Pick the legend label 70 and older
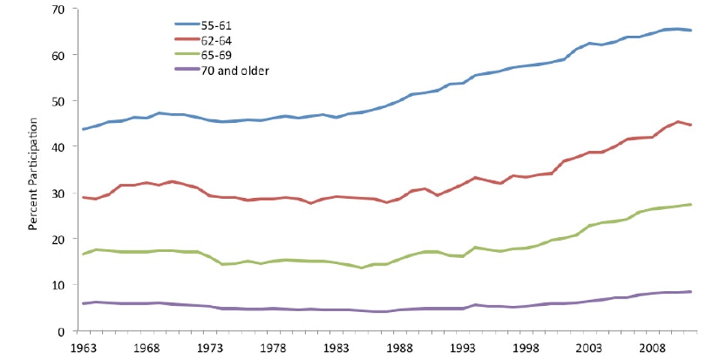[232, 71]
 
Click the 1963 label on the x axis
[83, 347]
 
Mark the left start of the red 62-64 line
[83, 197]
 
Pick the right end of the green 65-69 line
[691, 204]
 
